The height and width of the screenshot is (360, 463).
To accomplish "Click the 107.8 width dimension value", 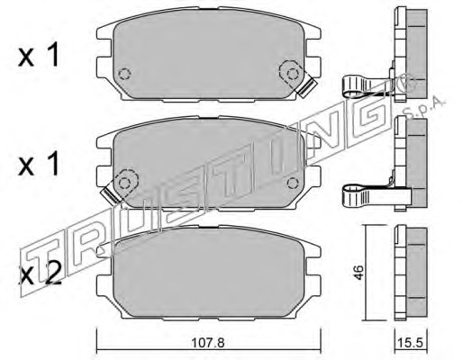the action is click(x=208, y=342).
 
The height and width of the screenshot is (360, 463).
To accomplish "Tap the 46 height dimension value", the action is click(x=359, y=273).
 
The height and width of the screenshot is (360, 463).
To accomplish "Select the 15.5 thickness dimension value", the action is click(x=410, y=342).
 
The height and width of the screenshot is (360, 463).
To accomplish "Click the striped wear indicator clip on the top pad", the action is click(x=308, y=87).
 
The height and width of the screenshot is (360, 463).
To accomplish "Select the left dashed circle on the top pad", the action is click(x=124, y=74).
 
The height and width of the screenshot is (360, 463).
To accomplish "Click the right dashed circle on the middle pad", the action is click(x=293, y=183).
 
